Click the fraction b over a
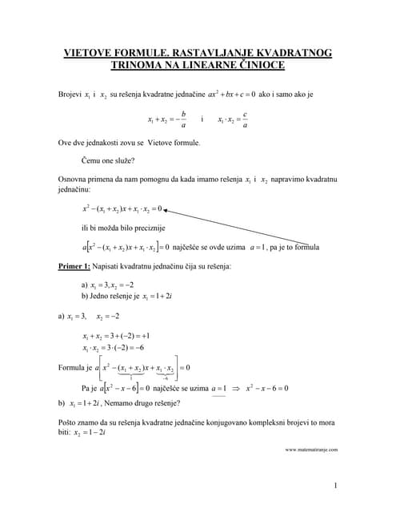pos(183,119)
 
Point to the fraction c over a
pos(245,119)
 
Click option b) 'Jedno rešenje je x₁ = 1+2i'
pos(128,297)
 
